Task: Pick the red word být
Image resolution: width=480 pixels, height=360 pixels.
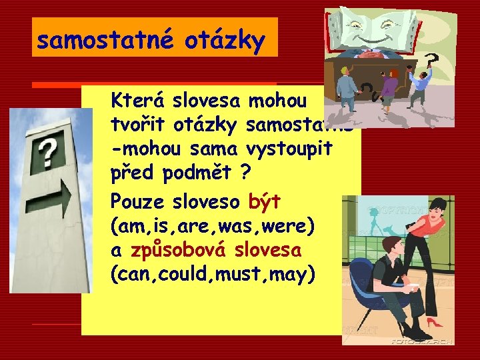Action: [265, 201]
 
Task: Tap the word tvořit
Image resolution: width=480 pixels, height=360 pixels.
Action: [138, 125]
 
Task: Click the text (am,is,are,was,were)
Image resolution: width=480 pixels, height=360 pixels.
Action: [211, 226]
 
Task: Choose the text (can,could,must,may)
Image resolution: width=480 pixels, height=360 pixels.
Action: [211, 275]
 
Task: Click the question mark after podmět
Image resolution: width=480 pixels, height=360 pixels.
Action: [246, 173]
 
